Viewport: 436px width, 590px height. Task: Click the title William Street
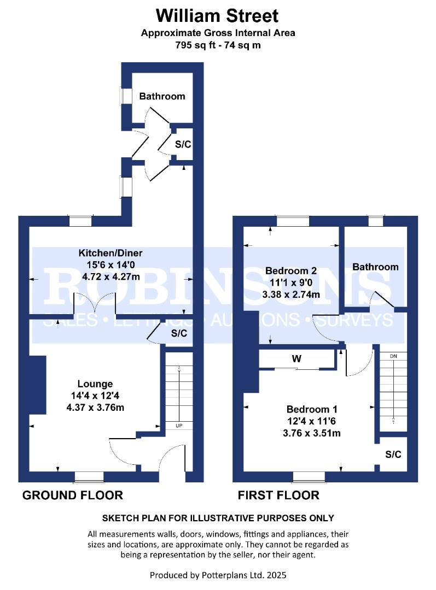coord(218,15)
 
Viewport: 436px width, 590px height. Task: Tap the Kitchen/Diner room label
coord(111,253)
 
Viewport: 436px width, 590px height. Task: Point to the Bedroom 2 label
coord(291,271)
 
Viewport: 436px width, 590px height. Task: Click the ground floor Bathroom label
coord(162,97)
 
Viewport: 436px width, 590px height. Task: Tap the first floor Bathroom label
coord(375,267)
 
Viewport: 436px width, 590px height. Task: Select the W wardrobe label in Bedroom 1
coord(296,360)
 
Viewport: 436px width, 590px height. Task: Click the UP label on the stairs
coord(178,425)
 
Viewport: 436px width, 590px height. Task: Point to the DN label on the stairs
coord(393,356)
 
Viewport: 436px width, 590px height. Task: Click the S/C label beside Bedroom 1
coord(393,455)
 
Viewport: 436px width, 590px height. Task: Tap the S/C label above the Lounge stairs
coord(179,333)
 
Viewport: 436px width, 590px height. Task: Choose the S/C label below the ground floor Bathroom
coord(182,145)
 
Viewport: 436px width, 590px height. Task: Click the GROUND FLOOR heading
coord(72,495)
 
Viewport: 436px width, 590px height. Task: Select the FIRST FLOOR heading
coord(278,495)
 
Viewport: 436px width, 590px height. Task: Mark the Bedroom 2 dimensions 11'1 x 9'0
coord(292,283)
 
